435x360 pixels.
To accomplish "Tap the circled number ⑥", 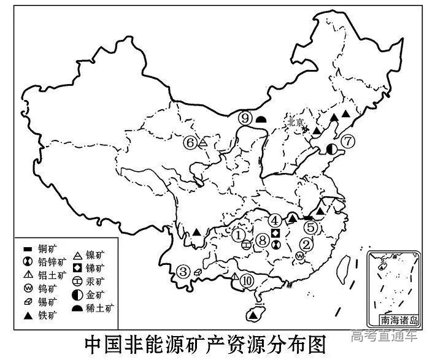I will pyautogui.click(x=190, y=142).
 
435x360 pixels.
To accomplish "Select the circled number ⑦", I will pyautogui.click(x=348, y=141).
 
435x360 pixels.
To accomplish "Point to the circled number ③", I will pyautogui.click(x=183, y=271).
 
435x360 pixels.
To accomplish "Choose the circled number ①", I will pyautogui.click(x=239, y=233).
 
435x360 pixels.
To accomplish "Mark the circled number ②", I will pyautogui.click(x=305, y=243).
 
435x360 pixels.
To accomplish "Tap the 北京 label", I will pyautogui.click(x=296, y=122).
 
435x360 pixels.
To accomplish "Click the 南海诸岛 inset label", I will pyautogui.click(x=398, y=319).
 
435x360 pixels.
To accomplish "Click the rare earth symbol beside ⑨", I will pyautogui.click(x=261, y=119).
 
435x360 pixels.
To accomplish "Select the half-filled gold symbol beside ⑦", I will pyautogui.click(x=332, y=148).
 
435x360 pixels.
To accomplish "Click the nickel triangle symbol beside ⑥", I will pyautogui.click(x=203, y=142).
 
